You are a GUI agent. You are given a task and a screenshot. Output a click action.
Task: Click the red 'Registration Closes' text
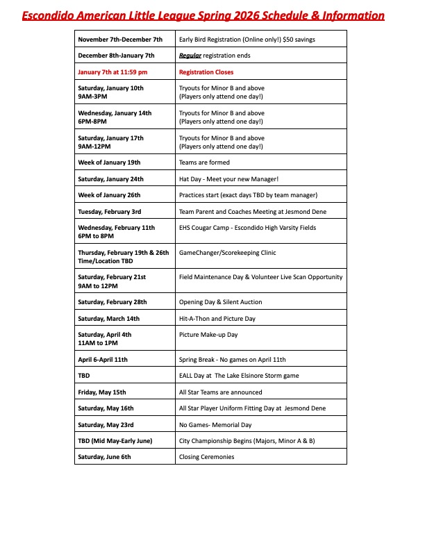(206, 72)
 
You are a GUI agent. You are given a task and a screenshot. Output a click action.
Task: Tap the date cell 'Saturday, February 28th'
(112, 302)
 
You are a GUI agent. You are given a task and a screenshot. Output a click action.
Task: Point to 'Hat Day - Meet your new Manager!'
(228, 178)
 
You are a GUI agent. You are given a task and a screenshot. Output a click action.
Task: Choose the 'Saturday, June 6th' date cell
(104, 457)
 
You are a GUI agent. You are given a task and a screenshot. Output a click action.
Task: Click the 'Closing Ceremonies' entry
(207, 457)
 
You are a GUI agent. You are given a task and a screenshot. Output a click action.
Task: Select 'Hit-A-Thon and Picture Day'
(217, 319)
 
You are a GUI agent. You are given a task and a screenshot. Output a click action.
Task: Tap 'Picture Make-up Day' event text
(208, 335)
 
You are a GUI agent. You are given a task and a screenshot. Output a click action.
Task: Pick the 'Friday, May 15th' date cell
(102, 392)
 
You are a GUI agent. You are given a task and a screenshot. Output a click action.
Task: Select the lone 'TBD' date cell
(84, 376)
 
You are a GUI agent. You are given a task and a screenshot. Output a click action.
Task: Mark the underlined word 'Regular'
(190, 56)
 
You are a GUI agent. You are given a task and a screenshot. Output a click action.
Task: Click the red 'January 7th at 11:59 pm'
(112, 72)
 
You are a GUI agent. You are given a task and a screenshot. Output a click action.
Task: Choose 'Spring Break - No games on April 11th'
(232, 360)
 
